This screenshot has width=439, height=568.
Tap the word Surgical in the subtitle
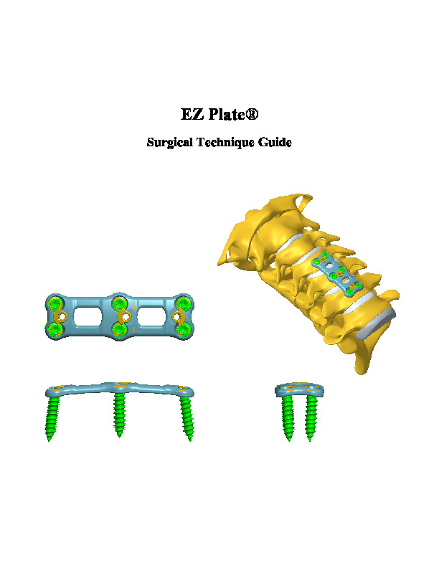click(x=170, y=142)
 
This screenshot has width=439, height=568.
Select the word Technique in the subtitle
click(x=227, y=142)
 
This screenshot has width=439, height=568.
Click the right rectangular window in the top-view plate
click(x=151, y=317)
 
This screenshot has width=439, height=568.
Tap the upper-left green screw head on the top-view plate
click(x=56, y=303)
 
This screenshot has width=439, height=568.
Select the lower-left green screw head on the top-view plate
click(x=56, y=330)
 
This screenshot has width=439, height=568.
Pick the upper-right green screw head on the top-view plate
click(x=183, y=303)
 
